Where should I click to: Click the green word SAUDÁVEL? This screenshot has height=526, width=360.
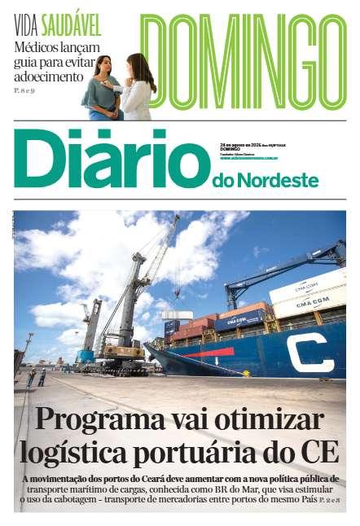pos(72,25)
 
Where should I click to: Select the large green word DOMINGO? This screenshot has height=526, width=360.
pos(243,62)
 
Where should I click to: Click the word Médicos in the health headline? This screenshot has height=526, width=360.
pos(37,46)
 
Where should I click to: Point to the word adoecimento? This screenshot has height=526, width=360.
pos(49,76)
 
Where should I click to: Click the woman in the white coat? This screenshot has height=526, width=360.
pos(139,88)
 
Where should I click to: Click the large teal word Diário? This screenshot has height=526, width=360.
pos(111,158)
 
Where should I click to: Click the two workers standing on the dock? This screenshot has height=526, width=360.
pos(37,376)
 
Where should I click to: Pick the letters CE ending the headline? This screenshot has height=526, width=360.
pos(318,452)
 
